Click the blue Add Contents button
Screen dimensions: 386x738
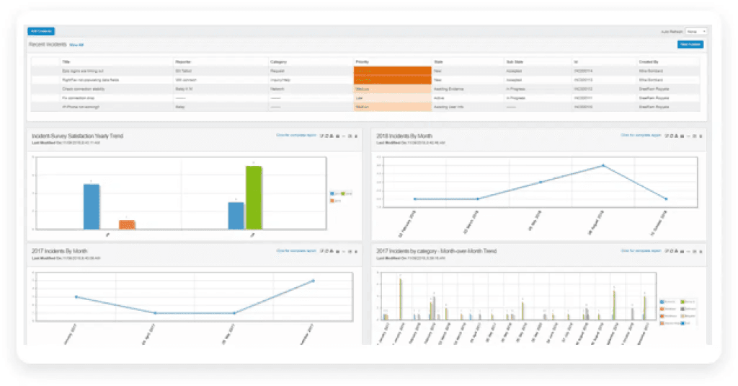pos(41,31)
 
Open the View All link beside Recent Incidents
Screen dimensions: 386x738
pos(76,45)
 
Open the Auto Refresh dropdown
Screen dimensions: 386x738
pos(696,32)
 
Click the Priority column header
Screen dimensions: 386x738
pos(362,62)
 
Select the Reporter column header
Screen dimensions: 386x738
pos(184,62)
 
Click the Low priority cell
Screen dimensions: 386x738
pos(359,97)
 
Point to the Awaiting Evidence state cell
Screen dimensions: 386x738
pos(450,88)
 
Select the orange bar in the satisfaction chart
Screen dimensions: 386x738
pos(127,224)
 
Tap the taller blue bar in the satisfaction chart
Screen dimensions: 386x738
pos(92,206)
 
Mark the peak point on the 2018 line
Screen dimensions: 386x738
pos(603,165)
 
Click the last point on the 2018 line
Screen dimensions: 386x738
pos(666,198)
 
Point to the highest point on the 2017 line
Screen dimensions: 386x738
pos(314,281)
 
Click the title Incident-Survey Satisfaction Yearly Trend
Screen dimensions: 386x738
pos(77,135)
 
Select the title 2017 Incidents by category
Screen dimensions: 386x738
pos(436,251)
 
